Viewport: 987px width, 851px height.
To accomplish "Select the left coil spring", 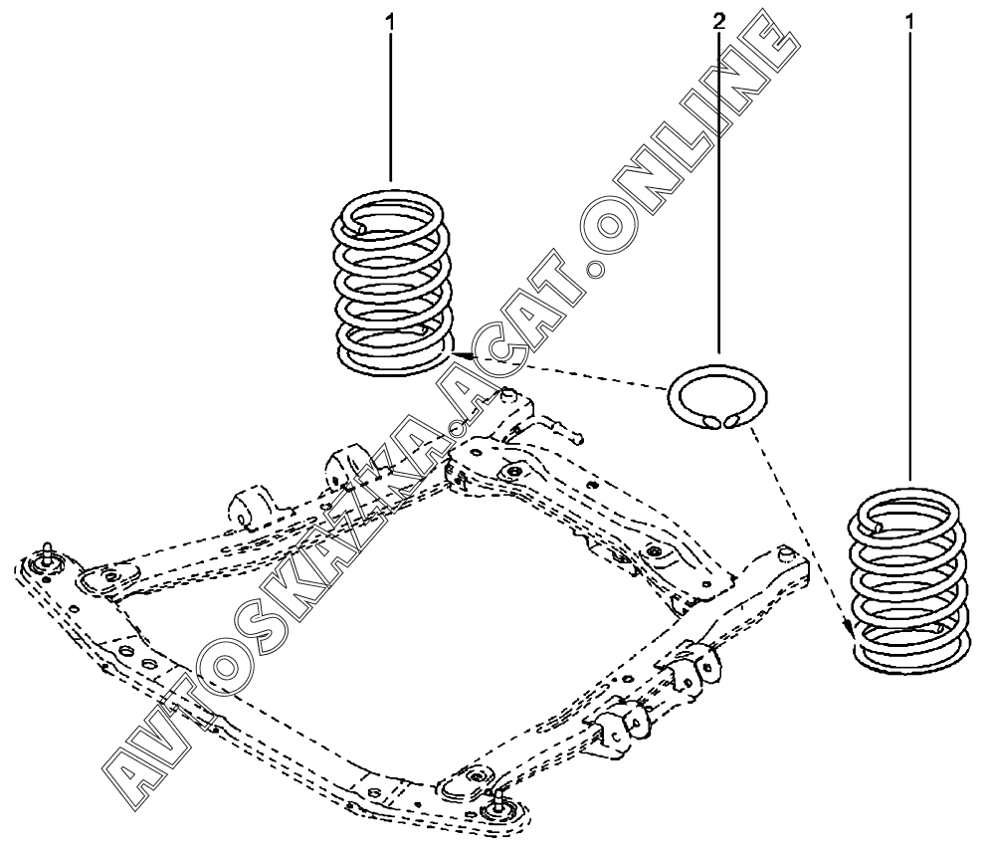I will [392, 285].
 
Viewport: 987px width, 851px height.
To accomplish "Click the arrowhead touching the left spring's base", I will [456, 353].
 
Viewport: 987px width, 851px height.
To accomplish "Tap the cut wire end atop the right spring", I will [882, 525].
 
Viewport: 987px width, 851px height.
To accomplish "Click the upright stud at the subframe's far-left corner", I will [47, 554].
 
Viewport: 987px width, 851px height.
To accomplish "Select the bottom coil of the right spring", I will [910, 657].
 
